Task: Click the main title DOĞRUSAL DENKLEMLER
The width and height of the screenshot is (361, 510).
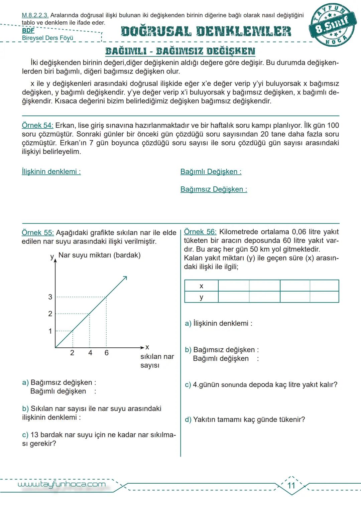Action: (x=206, y=31)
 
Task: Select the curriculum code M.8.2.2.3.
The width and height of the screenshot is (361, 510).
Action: (x=35, y=15)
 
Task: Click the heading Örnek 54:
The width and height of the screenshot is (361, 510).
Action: (x=37, y=126)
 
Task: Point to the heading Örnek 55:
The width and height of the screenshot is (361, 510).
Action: (x=37, y=233)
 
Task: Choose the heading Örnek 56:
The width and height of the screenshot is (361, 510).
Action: (x=200, y=232)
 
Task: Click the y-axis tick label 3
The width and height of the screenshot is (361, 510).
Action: (x=50, y=297)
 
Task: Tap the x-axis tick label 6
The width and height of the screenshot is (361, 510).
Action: (x=107, y=353)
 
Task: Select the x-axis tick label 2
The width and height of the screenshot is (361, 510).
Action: (x=72, y=353)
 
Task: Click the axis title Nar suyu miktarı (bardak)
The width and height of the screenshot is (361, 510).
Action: (x=99, y=255)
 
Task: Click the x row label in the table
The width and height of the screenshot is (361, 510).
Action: (x=201, y=286)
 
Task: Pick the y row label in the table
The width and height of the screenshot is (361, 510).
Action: (x=201, y=297)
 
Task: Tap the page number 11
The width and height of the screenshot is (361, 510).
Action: (x=291, y=485)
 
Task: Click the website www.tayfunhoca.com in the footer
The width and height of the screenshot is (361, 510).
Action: (x=62, y=484)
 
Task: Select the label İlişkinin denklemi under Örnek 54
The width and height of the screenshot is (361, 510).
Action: (x=51, y=172)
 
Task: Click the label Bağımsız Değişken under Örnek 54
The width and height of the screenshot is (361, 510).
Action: (x=214, y=189)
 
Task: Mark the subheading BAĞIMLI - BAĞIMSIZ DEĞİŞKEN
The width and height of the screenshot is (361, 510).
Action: (x=180, y=51)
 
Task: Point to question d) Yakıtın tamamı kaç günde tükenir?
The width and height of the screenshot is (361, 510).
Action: (x=245, y=419)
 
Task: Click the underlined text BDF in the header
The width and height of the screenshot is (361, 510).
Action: (x=28, y=30)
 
